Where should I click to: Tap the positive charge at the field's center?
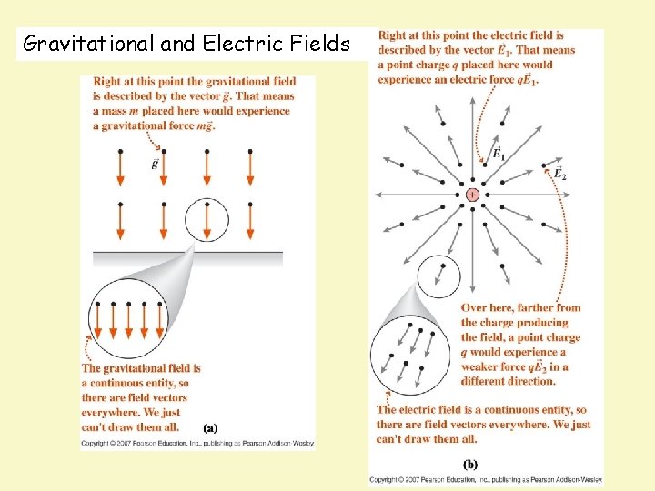click(472, 195)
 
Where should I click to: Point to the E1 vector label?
click(499, 155)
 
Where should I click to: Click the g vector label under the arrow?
click(156, 165)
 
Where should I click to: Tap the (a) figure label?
click(209, 426)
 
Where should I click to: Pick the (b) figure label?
click(470, 463)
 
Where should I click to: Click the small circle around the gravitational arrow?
click(207, 218)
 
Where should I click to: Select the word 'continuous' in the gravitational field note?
click(121, 383)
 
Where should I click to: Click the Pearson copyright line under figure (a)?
click(198, 443)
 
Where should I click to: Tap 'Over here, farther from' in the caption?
click(520, 308)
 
